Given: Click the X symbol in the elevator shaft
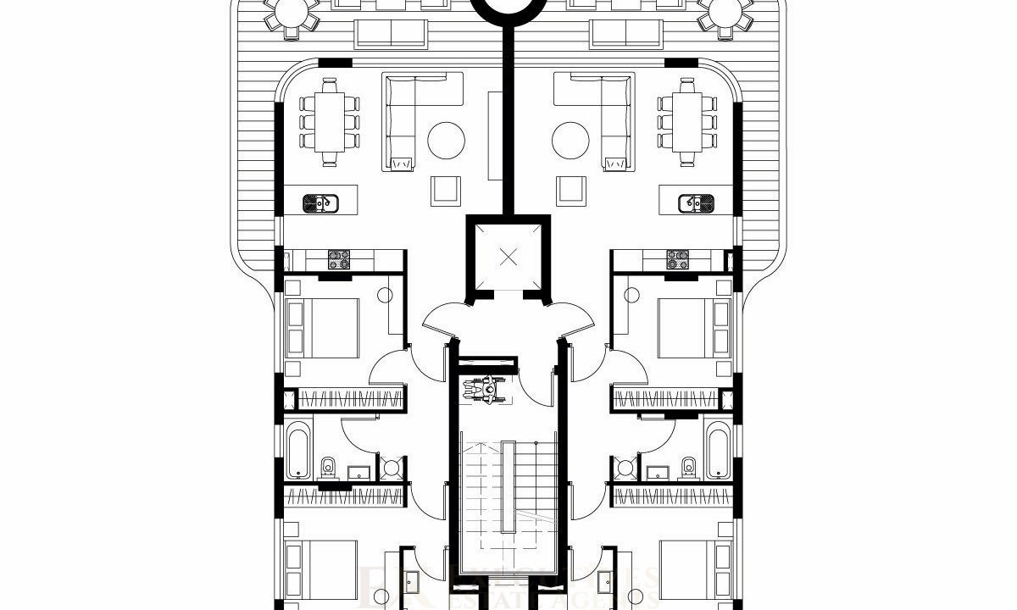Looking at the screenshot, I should tap(508, 257).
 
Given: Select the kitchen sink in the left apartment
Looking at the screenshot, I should tap(321, 203).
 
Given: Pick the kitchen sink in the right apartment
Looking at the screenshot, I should tap(696, 203).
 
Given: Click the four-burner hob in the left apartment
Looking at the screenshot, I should tap(340, 258).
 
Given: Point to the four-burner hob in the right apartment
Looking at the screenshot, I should tap(677, 258).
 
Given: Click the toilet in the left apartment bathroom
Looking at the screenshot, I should tap(329, 466).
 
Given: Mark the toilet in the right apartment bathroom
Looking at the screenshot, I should tap(688, 466).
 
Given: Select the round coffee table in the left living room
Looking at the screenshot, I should tap(447, 141).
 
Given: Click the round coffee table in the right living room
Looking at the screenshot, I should tap(570, 141).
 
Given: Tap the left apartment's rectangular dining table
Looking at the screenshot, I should tap(330, 123).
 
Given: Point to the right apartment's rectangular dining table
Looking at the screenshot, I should tap(687, 123).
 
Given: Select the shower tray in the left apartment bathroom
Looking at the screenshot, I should tap(392, 468).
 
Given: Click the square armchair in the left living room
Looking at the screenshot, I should tap(447, 190).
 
